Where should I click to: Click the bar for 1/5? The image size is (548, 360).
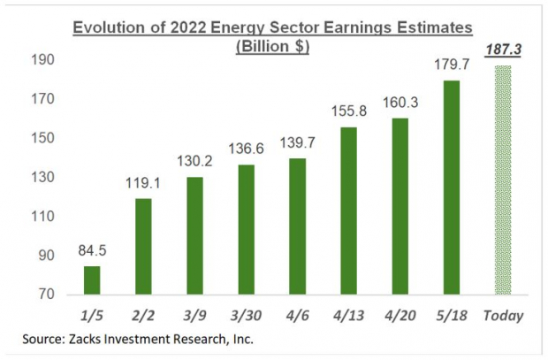point(92,280)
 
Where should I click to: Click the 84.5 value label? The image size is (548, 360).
point(92,252)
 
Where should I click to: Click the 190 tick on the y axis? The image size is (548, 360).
point(44,60)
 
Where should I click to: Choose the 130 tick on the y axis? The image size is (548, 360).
point(44,178)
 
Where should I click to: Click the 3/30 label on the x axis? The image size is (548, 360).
point(247,315)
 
